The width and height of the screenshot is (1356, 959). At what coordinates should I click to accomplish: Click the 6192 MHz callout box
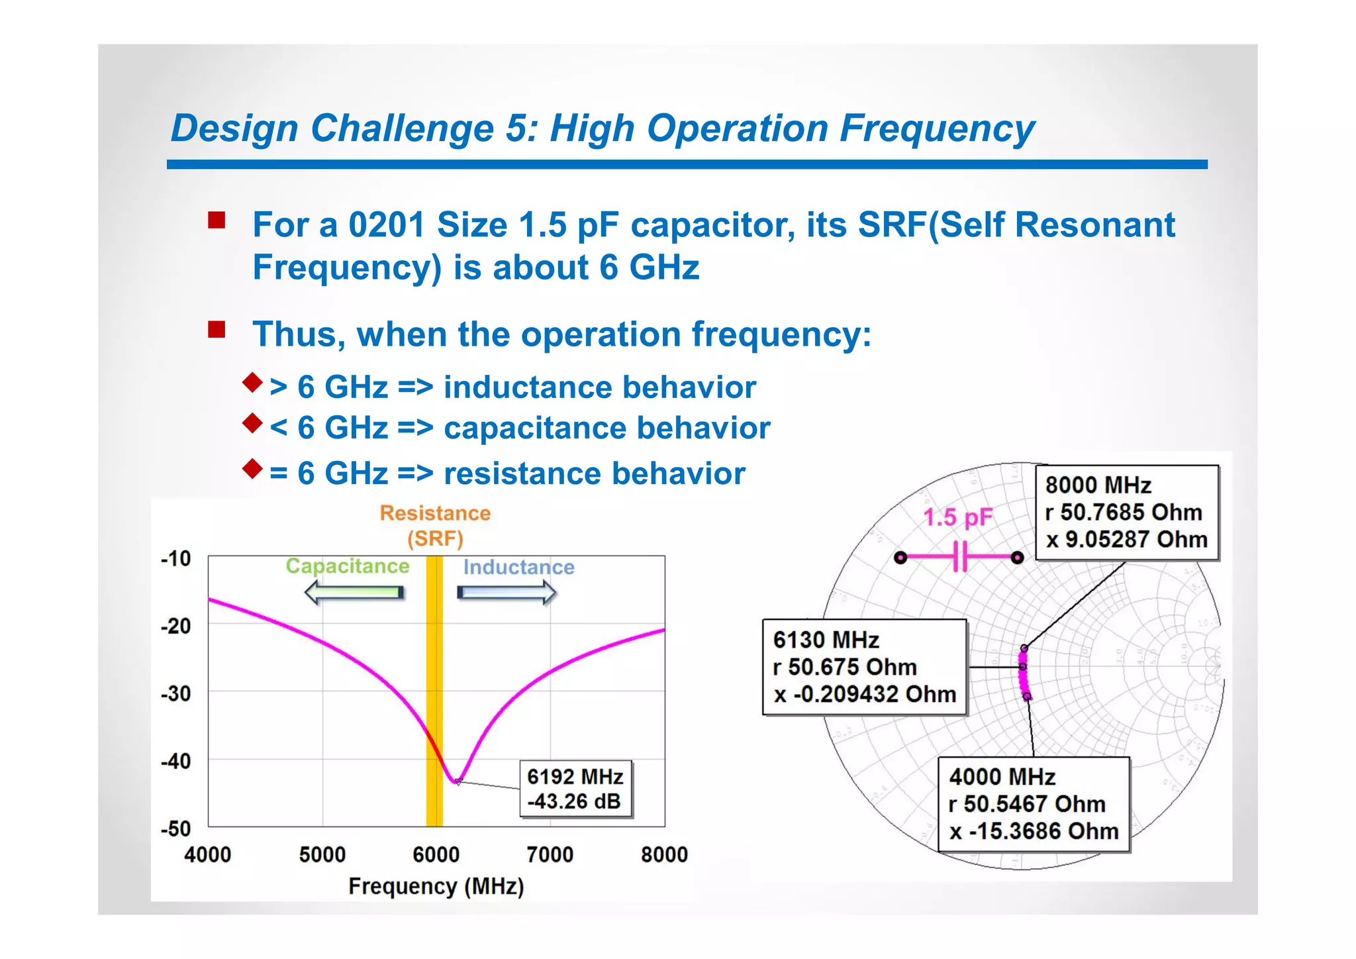click(575, 789)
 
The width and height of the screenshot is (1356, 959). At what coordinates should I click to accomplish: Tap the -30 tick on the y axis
click(175, 693)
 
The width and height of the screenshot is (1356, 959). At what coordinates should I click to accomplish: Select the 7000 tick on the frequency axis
click(550, 854)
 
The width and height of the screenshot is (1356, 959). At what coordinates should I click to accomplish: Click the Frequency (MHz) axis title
click(436, 886)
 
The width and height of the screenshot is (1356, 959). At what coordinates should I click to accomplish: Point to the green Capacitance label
click(348, 566)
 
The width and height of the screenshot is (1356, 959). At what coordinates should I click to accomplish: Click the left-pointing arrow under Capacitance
click(354, 592)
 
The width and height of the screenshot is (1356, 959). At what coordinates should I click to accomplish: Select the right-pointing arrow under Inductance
click(507, 592)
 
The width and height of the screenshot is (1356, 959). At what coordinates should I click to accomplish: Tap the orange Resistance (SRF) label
click(435, 525)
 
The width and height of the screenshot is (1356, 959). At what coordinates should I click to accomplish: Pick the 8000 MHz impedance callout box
click(1126, 513)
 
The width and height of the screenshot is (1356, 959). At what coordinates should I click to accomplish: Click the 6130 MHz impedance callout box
click(864, 667)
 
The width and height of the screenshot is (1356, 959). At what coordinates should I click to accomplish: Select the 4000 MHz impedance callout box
click(1033, 804)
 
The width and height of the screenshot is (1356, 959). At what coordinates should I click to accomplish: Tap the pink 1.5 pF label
click(957, 517)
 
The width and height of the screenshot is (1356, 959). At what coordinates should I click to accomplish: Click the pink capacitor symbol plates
click(960, 556)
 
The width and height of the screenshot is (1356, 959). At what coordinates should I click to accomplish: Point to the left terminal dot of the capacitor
click(900, 558)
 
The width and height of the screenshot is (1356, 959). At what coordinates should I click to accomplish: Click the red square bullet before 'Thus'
click(217, 329)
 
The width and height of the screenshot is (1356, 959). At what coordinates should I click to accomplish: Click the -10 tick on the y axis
click(175, 558)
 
